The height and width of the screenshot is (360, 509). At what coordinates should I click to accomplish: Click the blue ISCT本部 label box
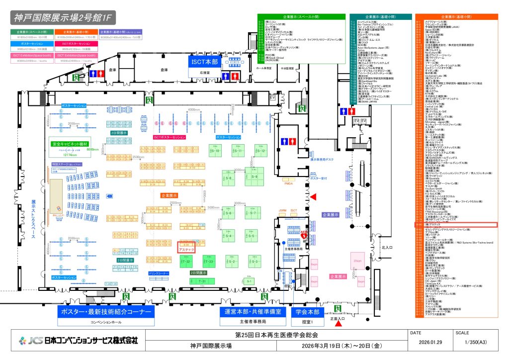point(204,62)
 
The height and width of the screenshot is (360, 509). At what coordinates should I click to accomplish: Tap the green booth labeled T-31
point(202,281)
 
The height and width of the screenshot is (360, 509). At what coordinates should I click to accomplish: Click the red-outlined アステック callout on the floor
point(186,248)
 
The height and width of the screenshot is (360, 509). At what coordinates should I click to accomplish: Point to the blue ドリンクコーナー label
point(159,273)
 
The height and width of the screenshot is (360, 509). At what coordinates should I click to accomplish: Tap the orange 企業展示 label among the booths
point(169,196)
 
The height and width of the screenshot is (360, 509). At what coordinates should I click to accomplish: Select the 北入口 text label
point(387,247)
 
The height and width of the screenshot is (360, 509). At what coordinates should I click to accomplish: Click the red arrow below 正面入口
point(339,324)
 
